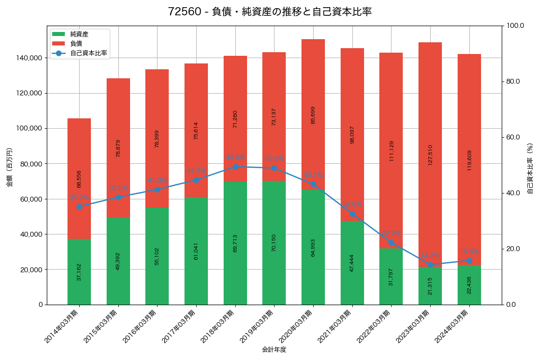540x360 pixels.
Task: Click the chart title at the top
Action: tap(270, 12)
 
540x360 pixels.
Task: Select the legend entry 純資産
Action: tap(79, 34)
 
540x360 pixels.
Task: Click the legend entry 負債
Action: tap(76, 44)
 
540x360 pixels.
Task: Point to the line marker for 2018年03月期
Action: tap(235, 167)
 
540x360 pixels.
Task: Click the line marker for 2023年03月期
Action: tap(430, 265)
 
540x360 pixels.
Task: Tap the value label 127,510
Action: tap(430, 155)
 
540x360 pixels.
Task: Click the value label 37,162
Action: tap(79, 272)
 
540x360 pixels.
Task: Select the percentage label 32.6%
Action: tap(352, 205)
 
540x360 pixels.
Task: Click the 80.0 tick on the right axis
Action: tap(513, 81)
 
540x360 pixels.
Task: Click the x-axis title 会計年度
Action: tap(274, 349)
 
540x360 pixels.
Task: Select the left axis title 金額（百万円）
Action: tap(9, 167)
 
